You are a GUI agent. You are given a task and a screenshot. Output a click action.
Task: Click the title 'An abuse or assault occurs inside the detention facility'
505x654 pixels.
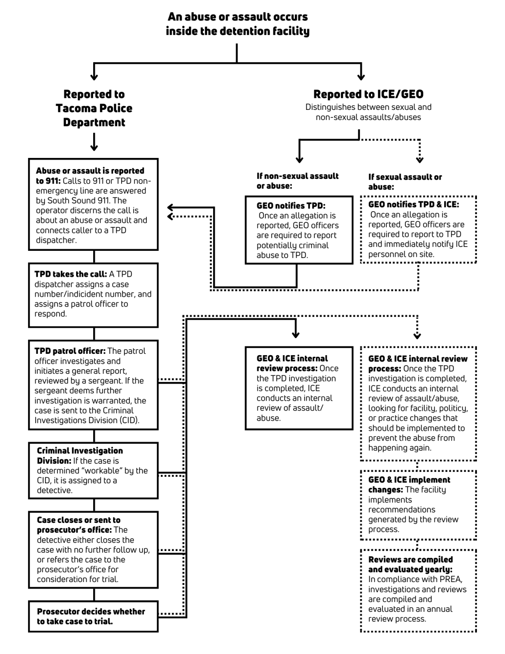point(237,24)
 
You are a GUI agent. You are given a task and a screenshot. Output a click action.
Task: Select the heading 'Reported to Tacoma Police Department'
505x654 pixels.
point(94,108)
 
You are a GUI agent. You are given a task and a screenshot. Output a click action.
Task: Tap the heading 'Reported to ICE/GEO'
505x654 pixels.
point(368,94)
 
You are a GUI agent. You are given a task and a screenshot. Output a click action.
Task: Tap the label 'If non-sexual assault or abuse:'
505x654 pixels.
point(297,181)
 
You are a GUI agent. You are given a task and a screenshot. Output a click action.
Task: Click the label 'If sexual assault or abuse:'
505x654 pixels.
point(405,181)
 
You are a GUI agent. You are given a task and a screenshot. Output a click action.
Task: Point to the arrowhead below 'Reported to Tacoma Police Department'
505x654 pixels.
point(94,147)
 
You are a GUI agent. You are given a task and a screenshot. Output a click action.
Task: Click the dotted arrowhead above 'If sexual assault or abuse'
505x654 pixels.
point(419,160)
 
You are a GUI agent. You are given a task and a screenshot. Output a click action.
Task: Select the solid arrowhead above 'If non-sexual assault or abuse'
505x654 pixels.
point(300,160)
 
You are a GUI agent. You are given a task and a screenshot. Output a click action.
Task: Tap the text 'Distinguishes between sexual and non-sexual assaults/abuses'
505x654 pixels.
point(368,112)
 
